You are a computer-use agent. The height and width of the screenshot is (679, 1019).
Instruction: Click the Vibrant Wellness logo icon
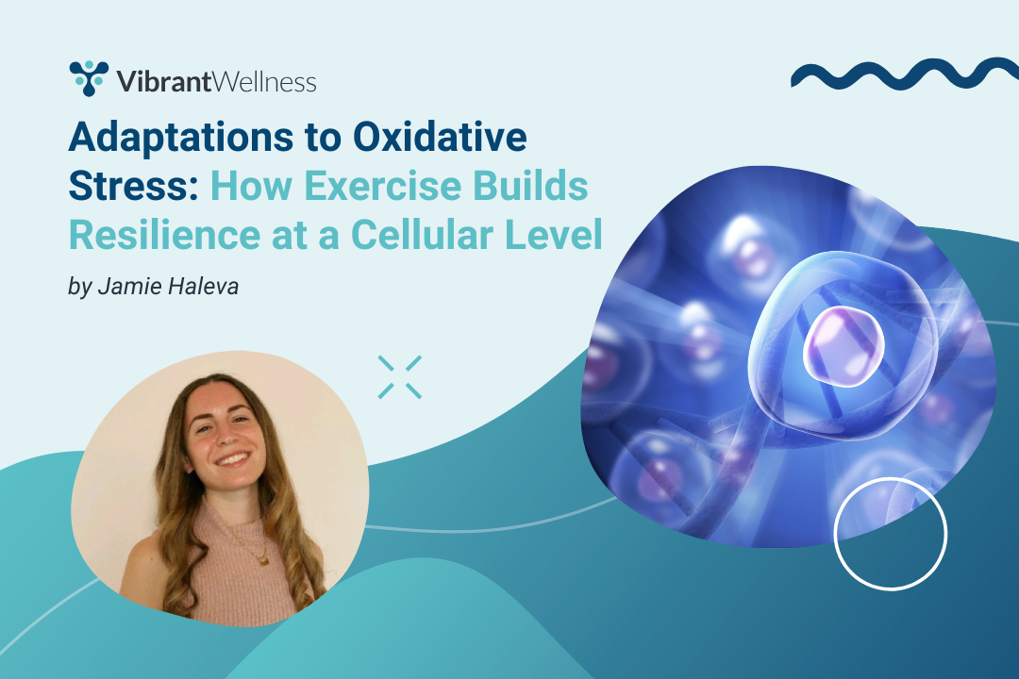pyautogui.click(x=89, y=78)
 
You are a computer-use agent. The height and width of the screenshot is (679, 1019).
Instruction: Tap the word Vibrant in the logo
pyautogui.click(x=164, y=82)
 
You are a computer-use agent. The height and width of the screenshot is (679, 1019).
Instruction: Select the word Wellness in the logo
pyautogui.click(x=264, y=82)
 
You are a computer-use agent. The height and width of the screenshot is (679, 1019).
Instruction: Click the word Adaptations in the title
pyautogui.click(x=181, y=139)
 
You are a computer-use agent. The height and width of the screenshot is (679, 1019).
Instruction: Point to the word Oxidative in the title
pyautogui.click(x=440, y=137)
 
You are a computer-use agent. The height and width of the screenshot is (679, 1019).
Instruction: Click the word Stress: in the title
pyautogui.click(x=133, y=186)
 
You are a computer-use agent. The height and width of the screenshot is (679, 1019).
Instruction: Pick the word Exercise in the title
pyautogui.click(x=383, y=186)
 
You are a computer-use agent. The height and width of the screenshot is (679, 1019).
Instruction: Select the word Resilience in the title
pyautogui.click(x=164, y=235)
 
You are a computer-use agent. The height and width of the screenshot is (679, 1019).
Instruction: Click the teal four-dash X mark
pyautogui.click(x=400, y=377)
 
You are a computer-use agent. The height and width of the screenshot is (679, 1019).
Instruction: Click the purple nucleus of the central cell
pyautogui.click(x=844, y=346)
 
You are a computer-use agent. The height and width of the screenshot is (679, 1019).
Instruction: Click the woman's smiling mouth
pyautogui.click(x=232, y=460)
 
